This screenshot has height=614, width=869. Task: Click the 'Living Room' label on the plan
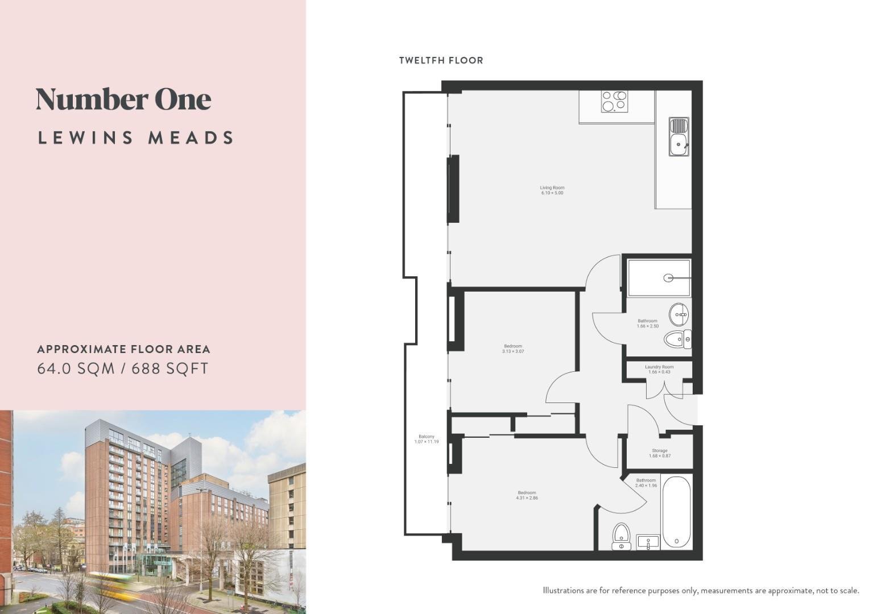pos(552,188)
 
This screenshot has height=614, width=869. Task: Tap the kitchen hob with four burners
pos(615,101)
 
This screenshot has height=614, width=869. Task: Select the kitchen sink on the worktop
pos(679,136)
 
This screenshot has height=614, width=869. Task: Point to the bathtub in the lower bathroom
pos(677,512)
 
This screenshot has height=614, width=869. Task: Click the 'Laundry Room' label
pos(659,367)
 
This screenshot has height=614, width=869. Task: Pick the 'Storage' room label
pos(660,451)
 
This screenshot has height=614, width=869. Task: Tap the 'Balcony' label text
pos(427,437)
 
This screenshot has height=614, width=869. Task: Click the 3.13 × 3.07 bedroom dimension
pos(513,351)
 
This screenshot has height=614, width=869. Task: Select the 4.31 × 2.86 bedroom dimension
pos(527,498)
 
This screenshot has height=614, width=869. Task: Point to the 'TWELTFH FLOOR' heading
pos(441,60)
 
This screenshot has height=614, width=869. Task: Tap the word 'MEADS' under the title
pos(191,138)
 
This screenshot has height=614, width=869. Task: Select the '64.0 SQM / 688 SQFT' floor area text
pos(123,368)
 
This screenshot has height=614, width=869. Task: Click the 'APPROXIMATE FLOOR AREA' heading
pos(124,349)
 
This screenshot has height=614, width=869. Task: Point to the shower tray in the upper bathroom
pos(659,277)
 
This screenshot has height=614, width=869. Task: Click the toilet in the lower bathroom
pos(622,537)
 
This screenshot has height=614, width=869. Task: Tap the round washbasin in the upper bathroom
pos(679,314)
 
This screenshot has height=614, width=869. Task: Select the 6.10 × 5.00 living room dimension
pos(552,193)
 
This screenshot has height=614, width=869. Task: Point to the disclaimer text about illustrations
pos(701,591)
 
